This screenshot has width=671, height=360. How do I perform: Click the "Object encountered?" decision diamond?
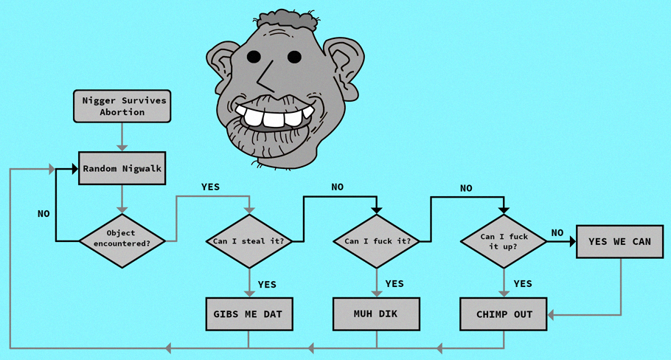point(122,241)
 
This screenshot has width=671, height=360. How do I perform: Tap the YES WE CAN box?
point(619,241)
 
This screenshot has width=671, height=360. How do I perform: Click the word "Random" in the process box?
point(100,169)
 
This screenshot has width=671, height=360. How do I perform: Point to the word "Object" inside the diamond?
point(121,233)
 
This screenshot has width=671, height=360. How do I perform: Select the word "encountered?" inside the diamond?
point(122,243)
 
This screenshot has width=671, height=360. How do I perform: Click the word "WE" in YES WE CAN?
point(619,241)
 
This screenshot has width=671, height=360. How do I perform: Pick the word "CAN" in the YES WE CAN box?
point(642,241)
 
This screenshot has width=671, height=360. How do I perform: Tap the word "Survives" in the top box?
point(144,100)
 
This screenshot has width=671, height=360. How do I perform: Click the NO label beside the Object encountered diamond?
point(44,214)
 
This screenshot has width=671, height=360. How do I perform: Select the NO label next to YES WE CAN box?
point(557,233)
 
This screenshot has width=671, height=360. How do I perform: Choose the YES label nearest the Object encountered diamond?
point(211,187)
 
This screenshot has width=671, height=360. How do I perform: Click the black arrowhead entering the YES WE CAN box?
point(572,241)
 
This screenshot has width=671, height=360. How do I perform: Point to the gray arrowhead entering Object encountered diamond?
point(122,210)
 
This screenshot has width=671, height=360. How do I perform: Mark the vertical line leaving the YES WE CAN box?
point(621,286)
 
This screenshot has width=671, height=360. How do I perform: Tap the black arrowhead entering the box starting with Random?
point(75,169)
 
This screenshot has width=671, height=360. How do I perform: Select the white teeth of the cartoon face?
point(274,116)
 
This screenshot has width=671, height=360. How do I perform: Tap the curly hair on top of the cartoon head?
point(286,19)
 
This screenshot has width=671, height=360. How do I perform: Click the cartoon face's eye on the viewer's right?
point(294,57)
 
